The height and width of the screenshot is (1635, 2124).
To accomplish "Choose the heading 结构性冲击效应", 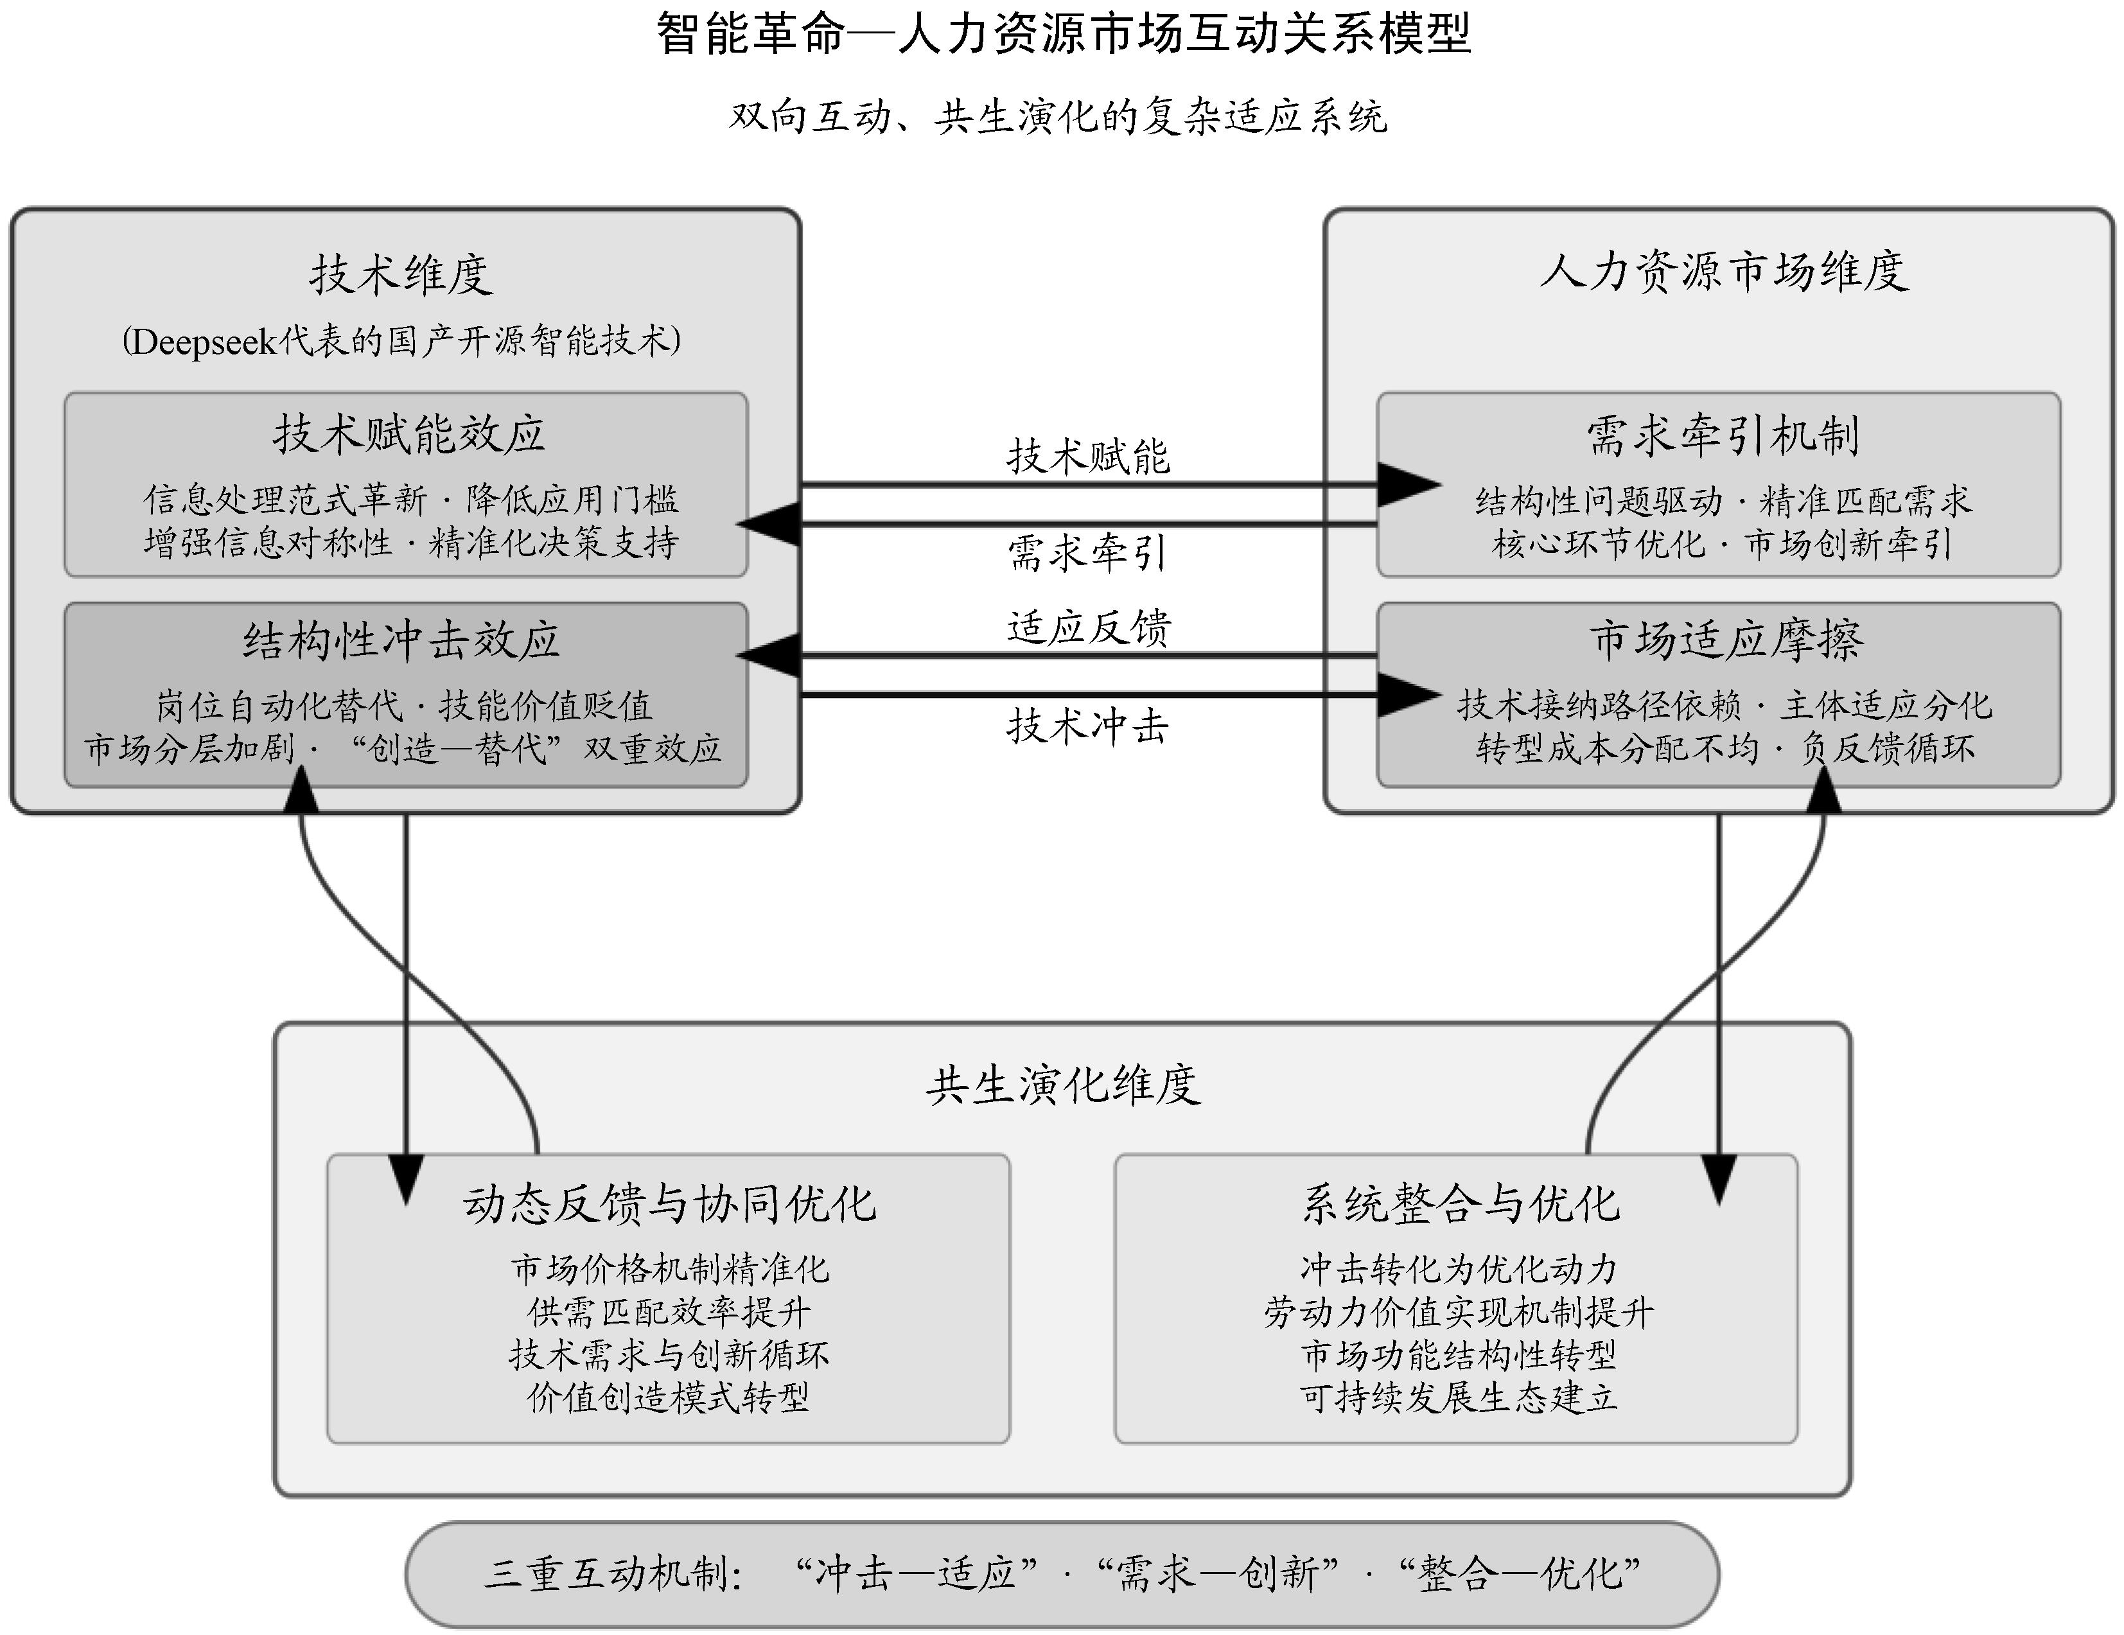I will pyautogui.click(x=401, y=640).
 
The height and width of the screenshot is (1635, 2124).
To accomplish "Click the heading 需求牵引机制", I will pyautogui.click(x=1723, y=435).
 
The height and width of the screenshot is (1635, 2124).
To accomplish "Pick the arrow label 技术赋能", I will pyautogui.click(x=1087, y=456).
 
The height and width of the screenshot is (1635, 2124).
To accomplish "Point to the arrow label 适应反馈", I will pyautogui.click(x=1088, y=627).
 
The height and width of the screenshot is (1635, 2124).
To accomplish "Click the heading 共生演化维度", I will pyautogui.click(x=1062, y=1085).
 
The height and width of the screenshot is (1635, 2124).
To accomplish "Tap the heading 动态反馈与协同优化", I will pyautogui.click(x=669, y=1203).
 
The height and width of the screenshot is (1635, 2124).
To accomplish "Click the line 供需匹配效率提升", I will pyautogui.click(x=669, y=1312).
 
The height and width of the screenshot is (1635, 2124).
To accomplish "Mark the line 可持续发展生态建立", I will pyautogui.click(x=1459, y=1397).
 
